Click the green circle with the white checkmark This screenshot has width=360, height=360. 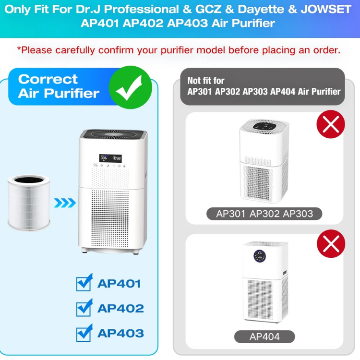pyautogui.click(x=130, y=87)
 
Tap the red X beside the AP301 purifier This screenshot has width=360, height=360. pyautogui.click(x=331, y=124)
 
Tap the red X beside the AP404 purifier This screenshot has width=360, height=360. pyautogui.click(x=331, y=243)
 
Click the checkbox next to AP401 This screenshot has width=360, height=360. pyautogui.click(x=84, y=283)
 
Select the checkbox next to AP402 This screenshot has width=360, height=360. pyautogui.click(x=84, y=308)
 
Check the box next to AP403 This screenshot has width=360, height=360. pyautogui.click(x=84, y=333)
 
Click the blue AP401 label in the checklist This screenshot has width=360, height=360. pyautogui.click(x=119, y=284)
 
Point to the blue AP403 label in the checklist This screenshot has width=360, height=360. pyautogui.click(x=121, y=333)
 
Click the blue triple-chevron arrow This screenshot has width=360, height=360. pyautogui.click(x=65, y=203)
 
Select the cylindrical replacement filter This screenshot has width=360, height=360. pyautogui.click(x=29, y=203)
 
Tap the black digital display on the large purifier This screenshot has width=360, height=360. pyautogui.click(x=110, y=158)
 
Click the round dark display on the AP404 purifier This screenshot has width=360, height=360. pyautogui.click(x=260, y=256)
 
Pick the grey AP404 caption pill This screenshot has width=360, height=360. pyautogui.click(x=264, y=336)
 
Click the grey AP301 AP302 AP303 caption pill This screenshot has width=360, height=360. pyautogui.click(x=264, y=214)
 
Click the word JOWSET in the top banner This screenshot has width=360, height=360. pyautogui.click(x=326, y=9)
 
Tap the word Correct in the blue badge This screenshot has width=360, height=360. pyautogui.click(x=48, y=79)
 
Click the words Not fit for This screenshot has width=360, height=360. pyautogui.click(x=206, y=81)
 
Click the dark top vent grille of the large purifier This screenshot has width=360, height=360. pyautogui.click(x=113, y=134)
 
